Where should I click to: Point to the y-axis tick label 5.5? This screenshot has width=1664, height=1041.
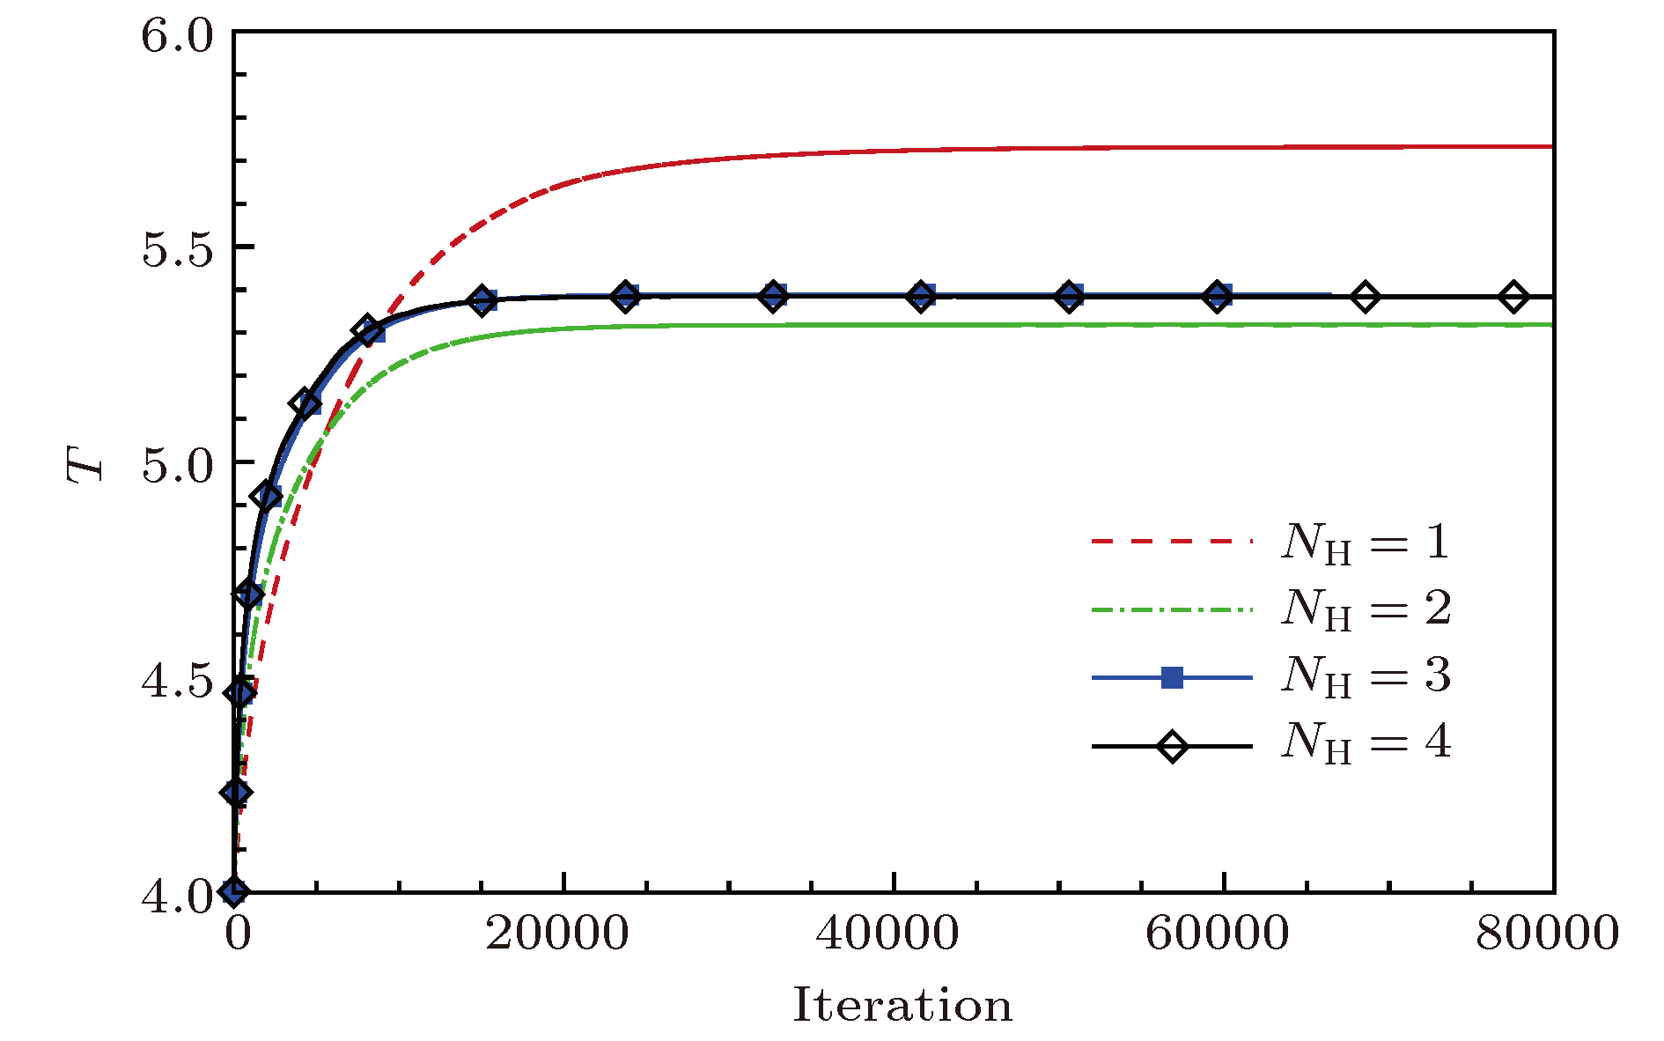177,251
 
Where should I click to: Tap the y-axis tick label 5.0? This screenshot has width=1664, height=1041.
177,466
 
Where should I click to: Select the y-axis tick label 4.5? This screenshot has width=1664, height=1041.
177,681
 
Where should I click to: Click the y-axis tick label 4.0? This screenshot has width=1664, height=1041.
177,896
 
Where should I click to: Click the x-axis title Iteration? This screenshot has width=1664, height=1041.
902,1006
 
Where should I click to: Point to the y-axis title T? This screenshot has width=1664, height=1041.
86,464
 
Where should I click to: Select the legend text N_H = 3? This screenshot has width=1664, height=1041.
1366,676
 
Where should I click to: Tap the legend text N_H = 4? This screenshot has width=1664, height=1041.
1366,743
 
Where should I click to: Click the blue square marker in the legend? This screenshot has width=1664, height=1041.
1172,677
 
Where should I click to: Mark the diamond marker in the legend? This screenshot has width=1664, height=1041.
1172,747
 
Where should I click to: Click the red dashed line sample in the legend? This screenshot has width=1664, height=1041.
1172,541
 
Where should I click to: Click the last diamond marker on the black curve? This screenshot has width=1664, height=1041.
1513,297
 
